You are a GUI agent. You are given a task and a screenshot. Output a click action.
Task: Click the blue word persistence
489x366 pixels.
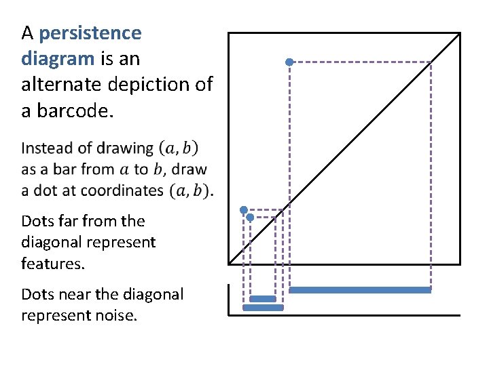click(x=90, y=33)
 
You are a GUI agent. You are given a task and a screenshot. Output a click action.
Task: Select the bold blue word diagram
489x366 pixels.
click(x=58, y=59)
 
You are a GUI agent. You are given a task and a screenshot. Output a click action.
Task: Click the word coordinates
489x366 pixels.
click(x=120, y=190)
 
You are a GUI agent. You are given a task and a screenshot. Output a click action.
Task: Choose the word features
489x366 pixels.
click(x=53, y=263)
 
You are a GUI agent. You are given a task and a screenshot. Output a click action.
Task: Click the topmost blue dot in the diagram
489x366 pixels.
click(x=289, y=62)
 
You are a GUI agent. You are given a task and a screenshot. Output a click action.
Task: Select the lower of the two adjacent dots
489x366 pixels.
click(x=250, y=218)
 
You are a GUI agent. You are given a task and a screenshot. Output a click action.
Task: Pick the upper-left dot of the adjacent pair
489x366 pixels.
click(x=244, y=210)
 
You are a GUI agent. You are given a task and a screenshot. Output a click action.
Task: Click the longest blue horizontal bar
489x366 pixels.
click(x=360, y=290)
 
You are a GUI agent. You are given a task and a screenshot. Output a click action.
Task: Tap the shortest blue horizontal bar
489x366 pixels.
click(x=263, y=299)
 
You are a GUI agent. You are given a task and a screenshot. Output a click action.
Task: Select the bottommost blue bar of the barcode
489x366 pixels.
click(x=263, y=308)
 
